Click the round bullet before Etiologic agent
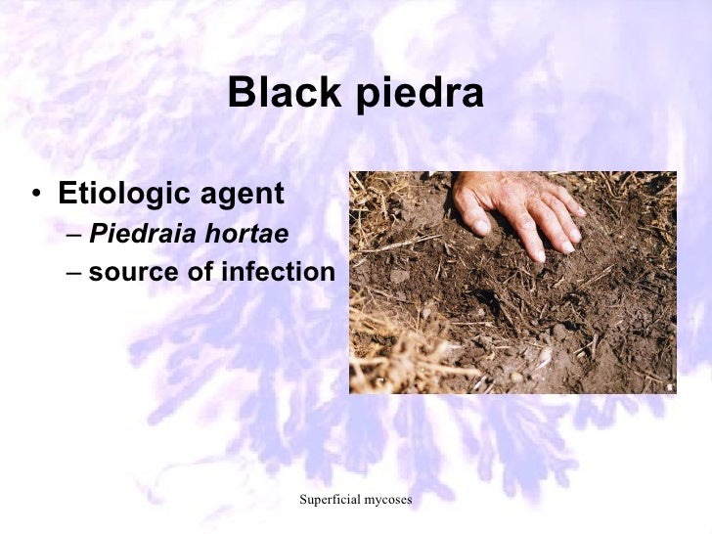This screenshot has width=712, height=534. click(x=36, y=194)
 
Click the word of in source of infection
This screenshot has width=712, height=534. click(x=201, y=271)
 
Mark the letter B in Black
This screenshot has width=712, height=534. click(x=239, y=95)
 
